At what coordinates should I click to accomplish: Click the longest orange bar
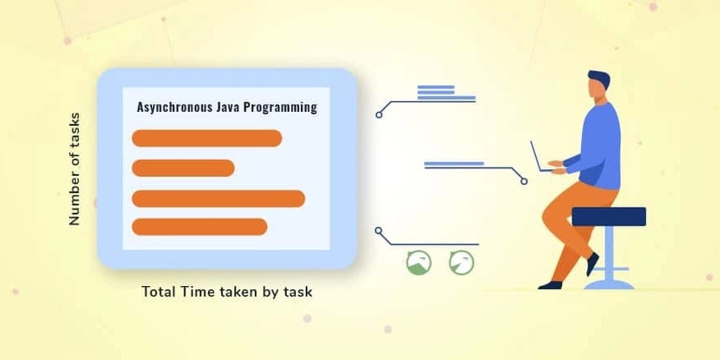click(219, 198)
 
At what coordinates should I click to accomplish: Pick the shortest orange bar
click(183, 168)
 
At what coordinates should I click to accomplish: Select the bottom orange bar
click(200, 226)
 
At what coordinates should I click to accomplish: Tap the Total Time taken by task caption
click(227, 292)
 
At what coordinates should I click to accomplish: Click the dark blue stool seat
click(608, 216)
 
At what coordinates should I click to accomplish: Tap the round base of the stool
click(608, 284)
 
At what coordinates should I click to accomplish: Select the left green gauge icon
click(418, 263)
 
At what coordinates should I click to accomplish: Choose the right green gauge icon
click(462, 263)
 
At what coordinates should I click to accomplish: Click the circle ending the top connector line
click(379, 114)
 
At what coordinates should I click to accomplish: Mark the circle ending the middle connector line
click(524, 181)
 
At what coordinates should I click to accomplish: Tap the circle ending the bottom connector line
click(378, 230)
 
